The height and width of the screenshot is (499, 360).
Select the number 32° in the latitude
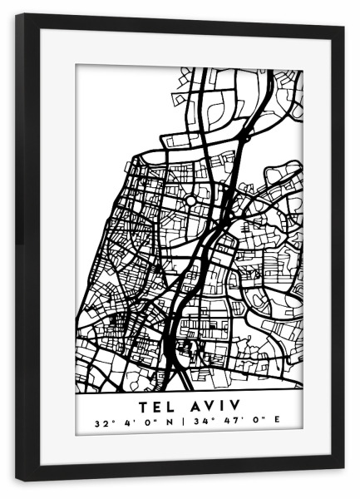pos(102,422)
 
